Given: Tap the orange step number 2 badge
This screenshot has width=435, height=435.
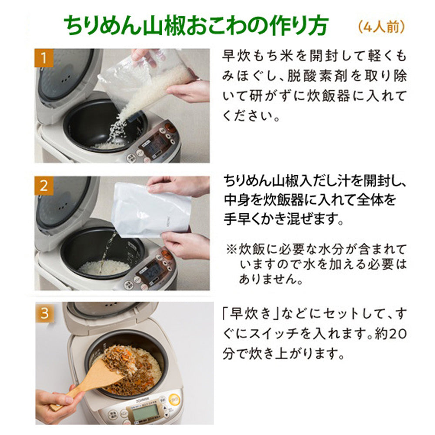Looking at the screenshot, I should pos(43,186).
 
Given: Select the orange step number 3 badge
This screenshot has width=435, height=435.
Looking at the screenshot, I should pos(44,313).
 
